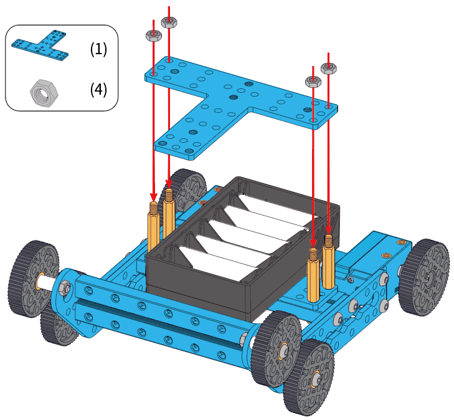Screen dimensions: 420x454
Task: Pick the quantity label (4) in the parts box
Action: click(98, 90)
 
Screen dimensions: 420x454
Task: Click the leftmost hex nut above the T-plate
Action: click(153, 35)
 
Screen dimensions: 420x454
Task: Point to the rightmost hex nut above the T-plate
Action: click(329, 67)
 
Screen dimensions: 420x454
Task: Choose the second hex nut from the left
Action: click(168, 22)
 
